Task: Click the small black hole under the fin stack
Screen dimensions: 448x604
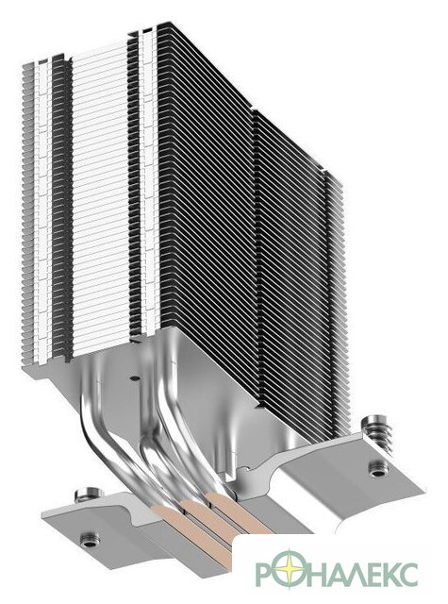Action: pos(133,377)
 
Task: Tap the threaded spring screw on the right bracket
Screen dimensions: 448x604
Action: pos(379,432)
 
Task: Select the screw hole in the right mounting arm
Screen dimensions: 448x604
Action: pos(378,468)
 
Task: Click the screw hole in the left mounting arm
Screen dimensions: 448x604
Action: pos(90,539)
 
